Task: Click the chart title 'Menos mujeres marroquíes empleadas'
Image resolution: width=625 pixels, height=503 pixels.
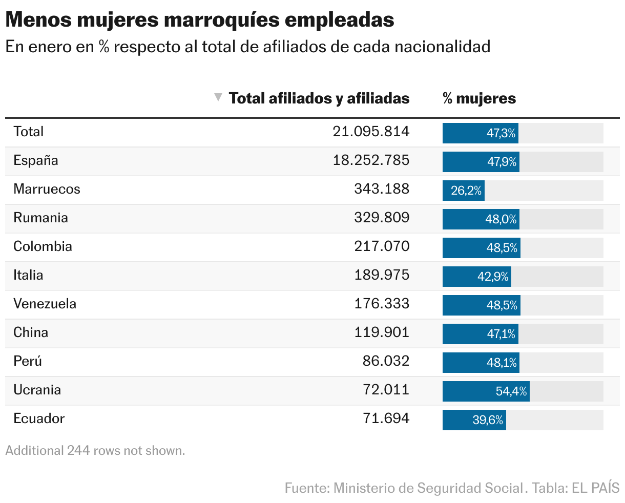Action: [200, 20]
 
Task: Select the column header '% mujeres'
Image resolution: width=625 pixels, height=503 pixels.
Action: [479, 98]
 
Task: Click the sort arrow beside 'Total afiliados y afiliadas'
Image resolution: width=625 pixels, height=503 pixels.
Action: [218, 97]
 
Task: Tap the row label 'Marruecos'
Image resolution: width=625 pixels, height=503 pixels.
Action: [47, 189]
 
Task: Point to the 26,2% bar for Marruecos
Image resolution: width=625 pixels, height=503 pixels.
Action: [464, 191]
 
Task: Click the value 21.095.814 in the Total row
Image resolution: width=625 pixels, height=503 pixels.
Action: [371, 132]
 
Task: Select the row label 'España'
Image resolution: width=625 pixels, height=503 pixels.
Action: [36, 160]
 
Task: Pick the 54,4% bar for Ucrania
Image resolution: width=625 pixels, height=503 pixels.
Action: [486, 391]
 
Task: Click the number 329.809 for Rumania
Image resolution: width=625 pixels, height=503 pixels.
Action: [382, 218]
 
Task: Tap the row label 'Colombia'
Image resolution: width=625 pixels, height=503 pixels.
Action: [43, 246]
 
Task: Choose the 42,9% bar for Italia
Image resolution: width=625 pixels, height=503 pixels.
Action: [476, 277]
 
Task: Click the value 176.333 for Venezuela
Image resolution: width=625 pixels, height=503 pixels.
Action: [382, 304]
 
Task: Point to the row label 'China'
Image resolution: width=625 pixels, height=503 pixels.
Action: [31, 332]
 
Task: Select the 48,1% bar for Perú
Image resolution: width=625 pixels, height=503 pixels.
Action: [481, 363]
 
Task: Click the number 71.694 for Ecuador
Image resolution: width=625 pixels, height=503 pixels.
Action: [386, 418]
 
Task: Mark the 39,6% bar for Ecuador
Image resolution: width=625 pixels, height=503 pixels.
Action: [474, 420]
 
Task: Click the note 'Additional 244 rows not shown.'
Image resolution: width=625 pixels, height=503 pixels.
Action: [95, 451]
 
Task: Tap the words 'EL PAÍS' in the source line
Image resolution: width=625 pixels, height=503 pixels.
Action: [596, 488]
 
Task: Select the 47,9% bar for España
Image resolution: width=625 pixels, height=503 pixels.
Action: [481, 162]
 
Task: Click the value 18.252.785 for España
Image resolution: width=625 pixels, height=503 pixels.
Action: [371, 160]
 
